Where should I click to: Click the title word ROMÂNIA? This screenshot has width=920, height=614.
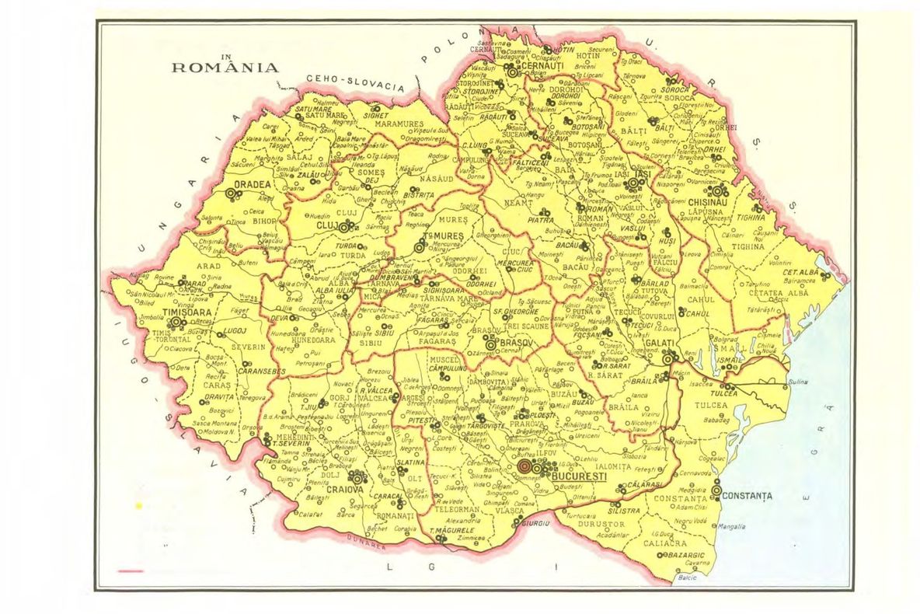click(225, 68)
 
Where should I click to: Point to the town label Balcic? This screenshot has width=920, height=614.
click(687, 577)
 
